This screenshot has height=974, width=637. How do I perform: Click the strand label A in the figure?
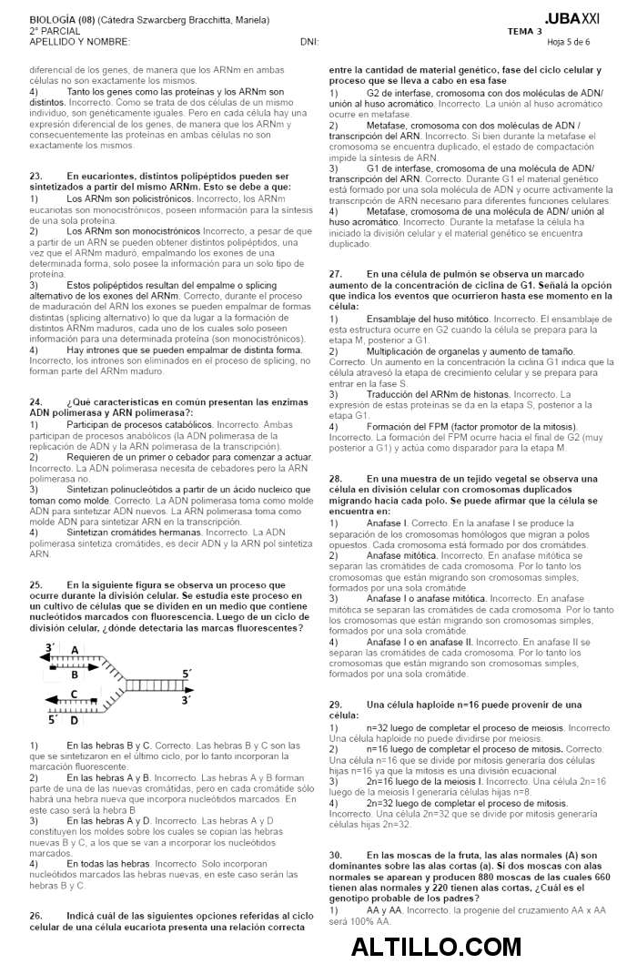[75, 649]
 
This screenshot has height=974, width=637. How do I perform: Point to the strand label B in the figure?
[75, 675]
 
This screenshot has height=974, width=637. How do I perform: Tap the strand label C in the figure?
[75, 695]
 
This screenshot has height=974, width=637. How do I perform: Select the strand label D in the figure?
[75, 720]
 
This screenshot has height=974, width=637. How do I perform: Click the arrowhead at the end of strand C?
[48, 704]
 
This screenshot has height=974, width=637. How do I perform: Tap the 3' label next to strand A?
[50, 647]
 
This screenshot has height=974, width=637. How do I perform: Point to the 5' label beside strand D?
[52, 719]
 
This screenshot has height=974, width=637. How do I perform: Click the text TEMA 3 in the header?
[524, 31]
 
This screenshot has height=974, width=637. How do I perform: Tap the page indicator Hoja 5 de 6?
[568, 42]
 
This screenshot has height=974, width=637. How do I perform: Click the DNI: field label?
[308, 42]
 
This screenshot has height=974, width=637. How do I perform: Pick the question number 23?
[36, 176]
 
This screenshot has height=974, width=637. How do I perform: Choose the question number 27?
[335, 274]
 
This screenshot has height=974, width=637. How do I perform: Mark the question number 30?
[335, 855]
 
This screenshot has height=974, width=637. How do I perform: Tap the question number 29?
[335, 705]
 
